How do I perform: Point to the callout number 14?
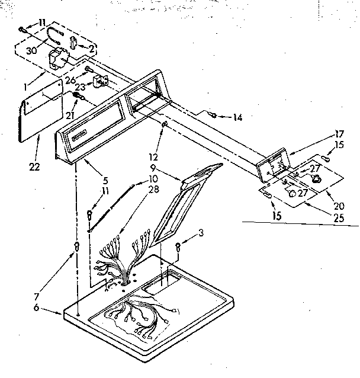[x=237, y=118]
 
